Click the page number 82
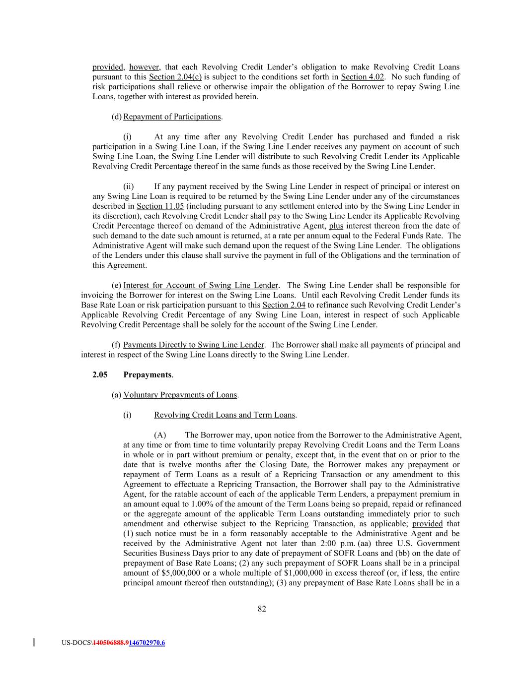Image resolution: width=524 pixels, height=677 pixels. click(262, 609)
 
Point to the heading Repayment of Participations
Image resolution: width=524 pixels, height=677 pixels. click(172, 117)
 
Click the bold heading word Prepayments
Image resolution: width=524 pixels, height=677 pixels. click(147, 374)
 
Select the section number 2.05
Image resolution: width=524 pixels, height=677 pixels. click(100, 374)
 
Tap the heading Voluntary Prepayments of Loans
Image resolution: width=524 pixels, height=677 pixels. click(180, 395)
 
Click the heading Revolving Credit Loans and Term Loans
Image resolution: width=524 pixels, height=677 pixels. click(225, 415)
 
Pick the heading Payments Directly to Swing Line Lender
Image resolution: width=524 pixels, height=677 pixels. click(194, 345)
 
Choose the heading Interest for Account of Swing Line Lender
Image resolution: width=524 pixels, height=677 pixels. click(201, 285)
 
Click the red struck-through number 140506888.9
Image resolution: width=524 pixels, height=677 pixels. click(110, 643)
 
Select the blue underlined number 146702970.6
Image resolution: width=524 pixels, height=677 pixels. click(147, 643)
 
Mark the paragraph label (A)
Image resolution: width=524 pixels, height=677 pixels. click(160, 435)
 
